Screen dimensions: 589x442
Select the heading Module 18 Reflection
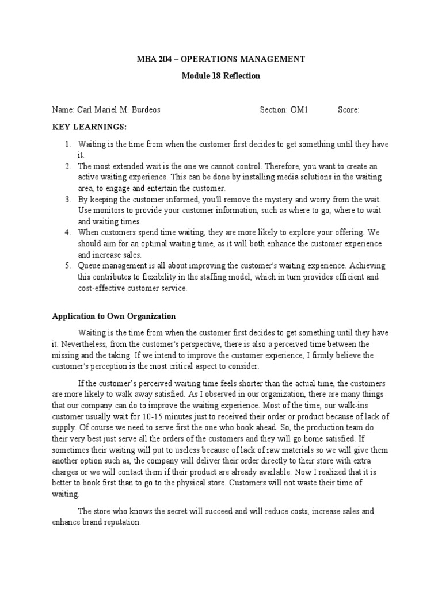click(220, 76)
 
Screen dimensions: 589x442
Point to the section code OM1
click(298, 110)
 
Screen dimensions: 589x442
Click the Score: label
click(348, 110)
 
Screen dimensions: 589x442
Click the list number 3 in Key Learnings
click(67, 199)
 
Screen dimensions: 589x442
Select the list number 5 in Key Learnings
click(67, 266)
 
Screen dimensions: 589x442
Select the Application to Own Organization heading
click(113, 316)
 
